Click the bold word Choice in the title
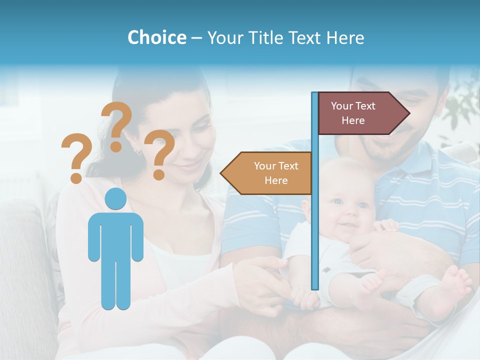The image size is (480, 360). coord(156,37)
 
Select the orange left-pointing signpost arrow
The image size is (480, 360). coord(267,173)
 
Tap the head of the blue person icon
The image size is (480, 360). coord(115,199)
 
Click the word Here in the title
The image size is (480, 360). coord(345,37)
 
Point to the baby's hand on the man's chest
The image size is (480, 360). coord(385,226)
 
